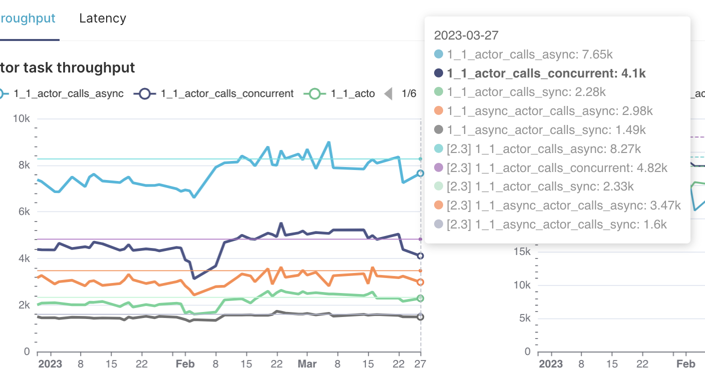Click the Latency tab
103,18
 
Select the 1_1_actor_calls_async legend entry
68,93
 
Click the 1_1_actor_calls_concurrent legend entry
227,93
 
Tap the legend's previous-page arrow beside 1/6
388,93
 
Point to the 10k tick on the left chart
22,119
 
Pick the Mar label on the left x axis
307,364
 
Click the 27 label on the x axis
420,364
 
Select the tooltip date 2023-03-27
466,35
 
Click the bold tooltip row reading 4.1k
546,73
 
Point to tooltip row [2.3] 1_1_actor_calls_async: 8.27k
544,149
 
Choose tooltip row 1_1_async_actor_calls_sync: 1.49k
546,130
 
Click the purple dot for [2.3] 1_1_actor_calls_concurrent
439,168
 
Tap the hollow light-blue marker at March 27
421,173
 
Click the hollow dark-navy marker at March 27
421,256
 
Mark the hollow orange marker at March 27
421,282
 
